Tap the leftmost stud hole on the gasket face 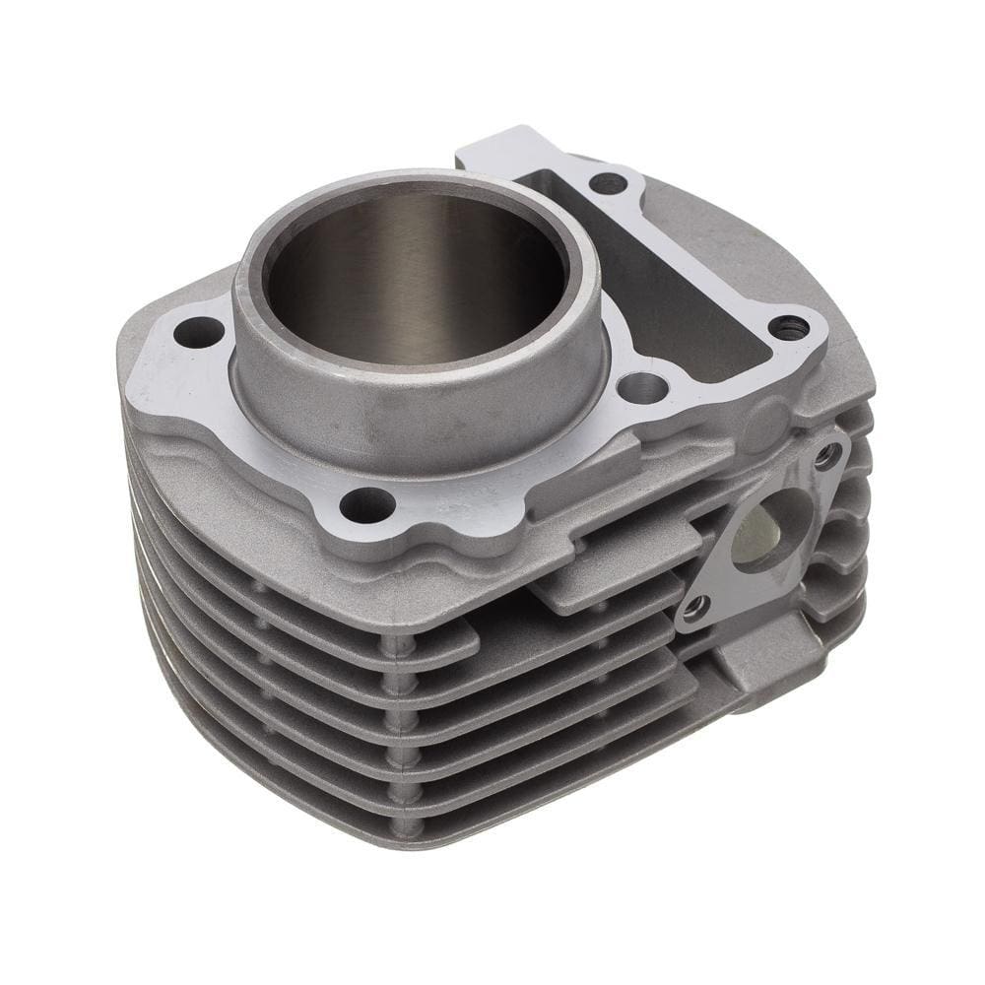pyautogui.click(x=199, y=333)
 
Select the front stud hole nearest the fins pyautogui.click(x=366, y=505)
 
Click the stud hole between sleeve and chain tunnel pyautogui.click(x=642, y=387)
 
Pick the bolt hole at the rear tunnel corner pyautogui.click(x=608, y=182)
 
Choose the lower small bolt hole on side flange pyautogui.click(x=695, y=610)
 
